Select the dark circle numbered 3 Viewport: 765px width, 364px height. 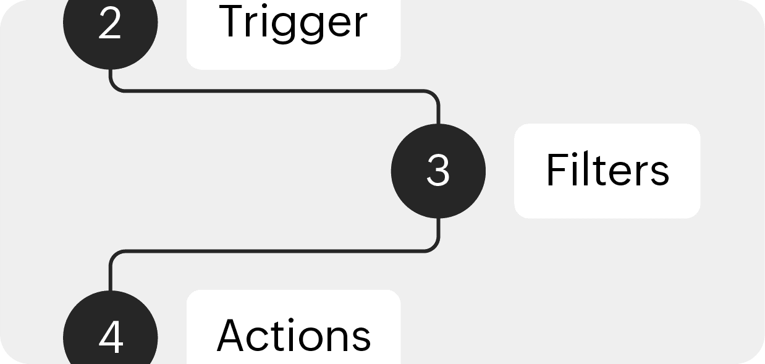(438, 171)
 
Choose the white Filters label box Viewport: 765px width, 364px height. (607, 171)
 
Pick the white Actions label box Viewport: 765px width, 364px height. (294, 327)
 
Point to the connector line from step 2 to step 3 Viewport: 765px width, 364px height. (273, 91)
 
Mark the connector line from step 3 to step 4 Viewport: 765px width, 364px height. (273, 252)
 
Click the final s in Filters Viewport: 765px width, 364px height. (659, 174)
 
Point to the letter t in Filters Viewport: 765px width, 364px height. (598, 171)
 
